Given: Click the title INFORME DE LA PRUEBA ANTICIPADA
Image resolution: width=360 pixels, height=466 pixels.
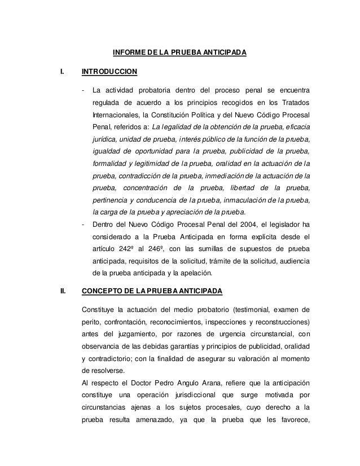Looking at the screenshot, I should point(179,54).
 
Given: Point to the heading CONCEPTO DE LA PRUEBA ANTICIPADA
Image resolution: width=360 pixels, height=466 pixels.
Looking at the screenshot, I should point(152,292).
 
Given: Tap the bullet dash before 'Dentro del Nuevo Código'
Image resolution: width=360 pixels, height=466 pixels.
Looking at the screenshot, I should point(84,225).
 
